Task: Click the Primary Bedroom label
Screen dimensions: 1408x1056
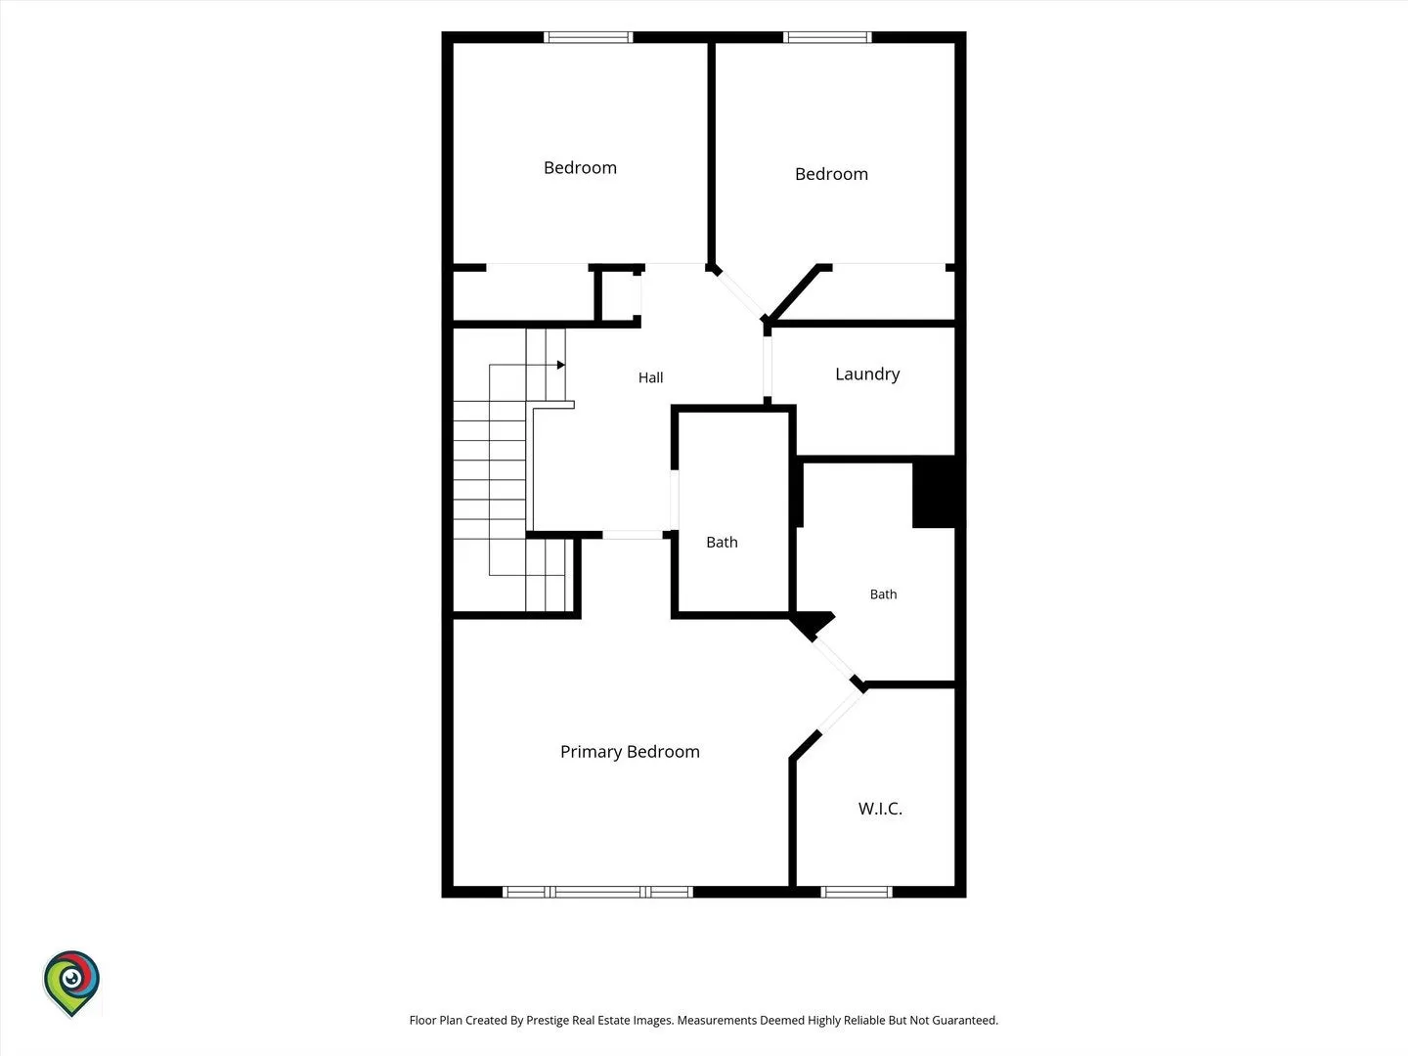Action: coord(630,752)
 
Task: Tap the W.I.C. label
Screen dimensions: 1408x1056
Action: coord(880,810)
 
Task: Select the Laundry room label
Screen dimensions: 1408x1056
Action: coord(867,374)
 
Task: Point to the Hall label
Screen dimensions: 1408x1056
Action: coord(650,377)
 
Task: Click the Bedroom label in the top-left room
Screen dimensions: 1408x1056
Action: coord(580,168)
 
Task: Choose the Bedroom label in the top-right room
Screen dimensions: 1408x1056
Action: coord(831,174)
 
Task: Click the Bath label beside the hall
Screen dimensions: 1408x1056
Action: coord(722,543)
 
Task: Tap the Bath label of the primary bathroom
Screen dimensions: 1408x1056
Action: coord(883,594)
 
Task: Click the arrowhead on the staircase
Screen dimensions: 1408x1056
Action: coord(560,365)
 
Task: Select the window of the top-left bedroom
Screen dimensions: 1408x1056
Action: coord(589,37)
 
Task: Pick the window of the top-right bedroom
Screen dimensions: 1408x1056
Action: coord(827,37)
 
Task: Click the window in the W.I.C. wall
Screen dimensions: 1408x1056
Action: coord(857,892)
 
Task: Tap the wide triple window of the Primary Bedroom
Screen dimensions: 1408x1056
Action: coord(597,892)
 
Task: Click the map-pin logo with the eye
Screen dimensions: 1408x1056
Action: coord(71,983)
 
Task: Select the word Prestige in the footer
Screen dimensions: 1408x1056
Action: coord(547,1020)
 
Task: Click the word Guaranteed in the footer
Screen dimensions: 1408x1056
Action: coord(965,1020)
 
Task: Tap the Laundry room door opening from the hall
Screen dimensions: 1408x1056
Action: coord(768,367)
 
